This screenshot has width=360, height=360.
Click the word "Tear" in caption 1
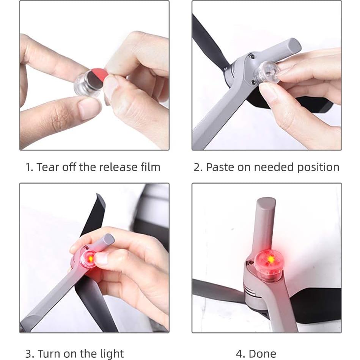pos(47,167)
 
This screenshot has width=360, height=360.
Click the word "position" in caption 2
pos(318,167)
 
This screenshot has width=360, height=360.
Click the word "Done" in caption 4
pos(262,354)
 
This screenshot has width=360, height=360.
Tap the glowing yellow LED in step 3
pos(90,259)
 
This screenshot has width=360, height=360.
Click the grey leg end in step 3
pos(108,239)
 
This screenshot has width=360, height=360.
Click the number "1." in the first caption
pos(29,167)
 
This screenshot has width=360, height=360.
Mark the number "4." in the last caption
pos(241,354)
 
